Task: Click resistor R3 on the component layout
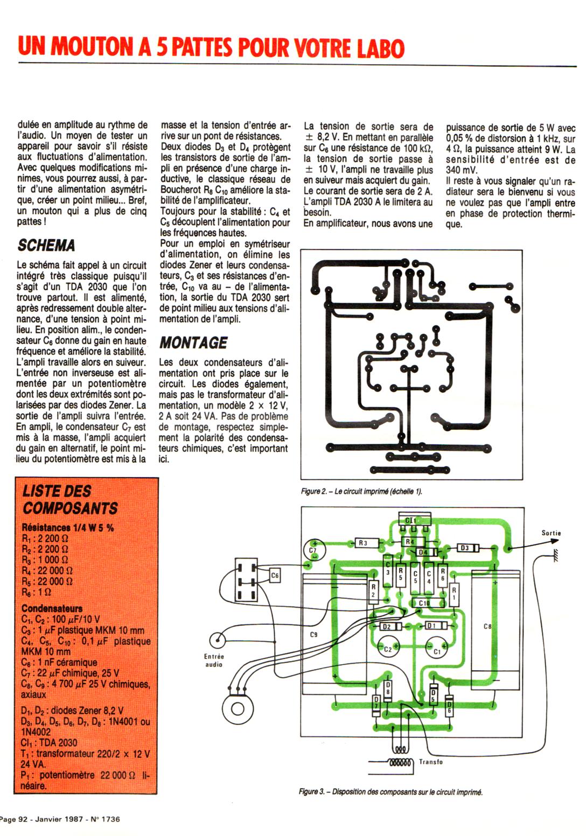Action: click(363, 543)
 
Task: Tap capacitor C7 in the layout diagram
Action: click(313, 549)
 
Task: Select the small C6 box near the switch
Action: click(275, 576)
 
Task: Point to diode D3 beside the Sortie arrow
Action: click(464, 548)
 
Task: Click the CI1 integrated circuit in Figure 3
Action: click(410, 520)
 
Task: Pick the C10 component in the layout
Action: click(424, 603)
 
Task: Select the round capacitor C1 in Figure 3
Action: click(437, 650)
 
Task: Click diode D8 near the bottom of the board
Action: click(388, 688)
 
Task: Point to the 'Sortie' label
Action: click(551, 533)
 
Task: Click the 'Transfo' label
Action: click(431, 762)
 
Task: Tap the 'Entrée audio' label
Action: click(214, 660)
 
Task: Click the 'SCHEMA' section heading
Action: click(46, 246)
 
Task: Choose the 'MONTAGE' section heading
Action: click(193, 343)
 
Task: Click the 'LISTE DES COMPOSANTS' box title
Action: click(69, 499)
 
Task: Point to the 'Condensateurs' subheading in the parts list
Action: click(52, 608)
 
